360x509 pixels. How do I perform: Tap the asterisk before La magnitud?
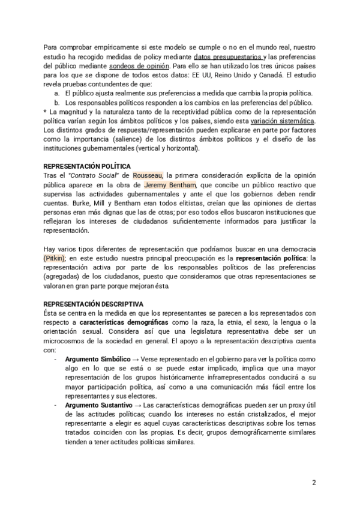tap(45, 112)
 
